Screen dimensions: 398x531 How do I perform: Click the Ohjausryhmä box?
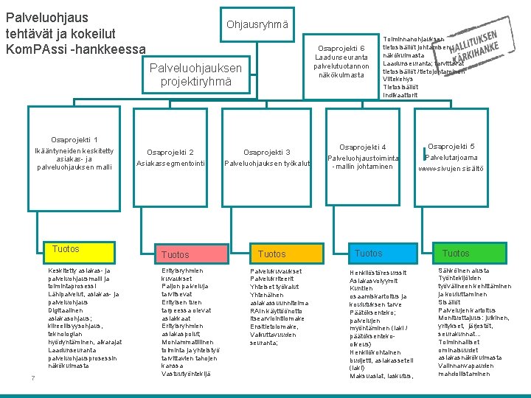pyautogui.click(x=258, y=26)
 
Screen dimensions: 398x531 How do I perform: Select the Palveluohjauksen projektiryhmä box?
pyautogui.click(x=195, y=74)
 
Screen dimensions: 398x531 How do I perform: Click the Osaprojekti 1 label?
pyautogui.click(x=74, y=140)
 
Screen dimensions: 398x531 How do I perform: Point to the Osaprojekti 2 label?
pyautogui.click(x=170, y=153)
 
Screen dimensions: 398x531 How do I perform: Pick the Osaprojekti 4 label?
pyautogui.click(x=362, y=147)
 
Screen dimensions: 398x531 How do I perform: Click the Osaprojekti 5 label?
pyautogui.click(x=451, y=146)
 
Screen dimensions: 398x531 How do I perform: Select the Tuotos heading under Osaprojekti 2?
pyautogui.click(x=175, y=254)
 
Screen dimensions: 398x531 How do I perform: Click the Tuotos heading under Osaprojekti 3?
pyautogui.click(x=272, y=254)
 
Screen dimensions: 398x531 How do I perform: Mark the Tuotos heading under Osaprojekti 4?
pyautogui.click(x=369, y=253)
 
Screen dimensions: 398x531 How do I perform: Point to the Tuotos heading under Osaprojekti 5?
pyautogui.click(x=456, y=253)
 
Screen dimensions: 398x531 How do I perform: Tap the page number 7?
pyautogui.click(x=32, y=379)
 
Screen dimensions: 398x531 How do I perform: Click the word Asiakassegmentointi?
pyautogui.click(x=170, y=164)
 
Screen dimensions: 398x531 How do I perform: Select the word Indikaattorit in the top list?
pyautogui.click(x=401, y=95)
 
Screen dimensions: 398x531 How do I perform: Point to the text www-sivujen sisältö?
pyautogui.click(x=451, y=169)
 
